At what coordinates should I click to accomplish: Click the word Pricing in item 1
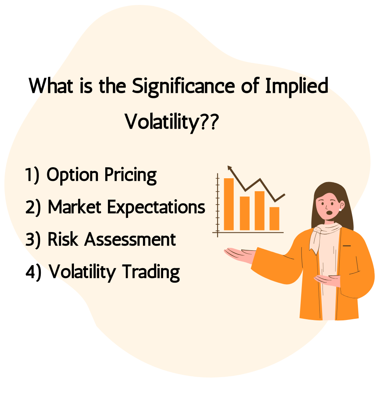130,175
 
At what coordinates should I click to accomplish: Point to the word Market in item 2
75,207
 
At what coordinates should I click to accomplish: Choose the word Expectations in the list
156,208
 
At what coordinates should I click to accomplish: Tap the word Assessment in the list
130,239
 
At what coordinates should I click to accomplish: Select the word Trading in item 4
151,273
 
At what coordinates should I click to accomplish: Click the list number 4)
33,272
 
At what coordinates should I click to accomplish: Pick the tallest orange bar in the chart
229,204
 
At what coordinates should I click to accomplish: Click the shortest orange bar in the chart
274,218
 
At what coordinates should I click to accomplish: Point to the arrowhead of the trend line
229,168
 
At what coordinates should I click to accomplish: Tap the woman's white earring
340,209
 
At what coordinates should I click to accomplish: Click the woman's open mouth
329,213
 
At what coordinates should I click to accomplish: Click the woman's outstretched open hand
239,254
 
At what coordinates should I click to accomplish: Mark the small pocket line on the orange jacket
347,245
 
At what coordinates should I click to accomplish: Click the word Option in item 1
72,175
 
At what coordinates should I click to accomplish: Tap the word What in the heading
51,86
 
